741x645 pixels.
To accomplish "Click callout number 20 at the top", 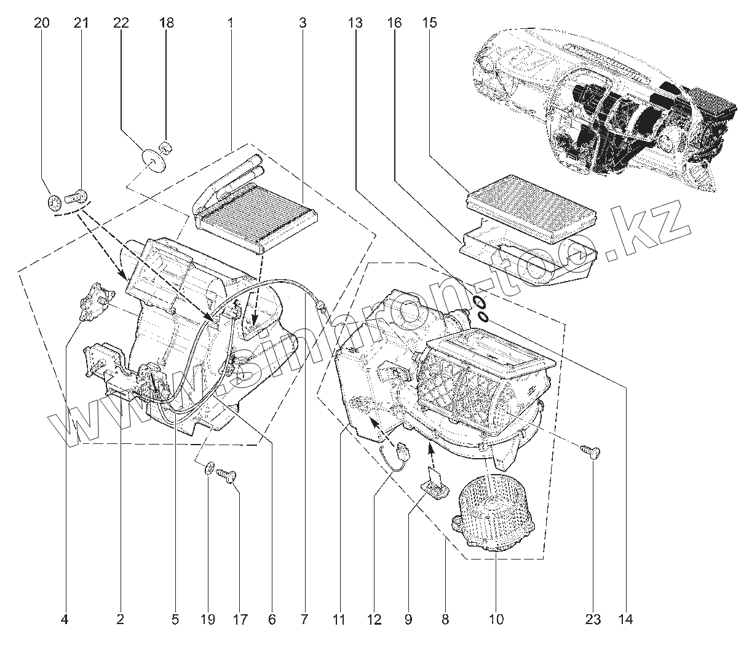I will tap(42, 23).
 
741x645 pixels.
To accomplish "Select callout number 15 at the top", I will tap(430, 23).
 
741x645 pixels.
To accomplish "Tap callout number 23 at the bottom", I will tap(593, 619).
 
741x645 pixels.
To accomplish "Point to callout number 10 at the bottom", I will tap(496, 619).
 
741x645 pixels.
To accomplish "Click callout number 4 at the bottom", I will tap(65, 619).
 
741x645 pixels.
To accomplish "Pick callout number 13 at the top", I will tap(355, 23).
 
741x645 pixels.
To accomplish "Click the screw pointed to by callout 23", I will tap(592, 453).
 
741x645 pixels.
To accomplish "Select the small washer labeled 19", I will tap(209, 469).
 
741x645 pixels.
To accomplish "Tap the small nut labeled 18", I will tap(165, 147).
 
